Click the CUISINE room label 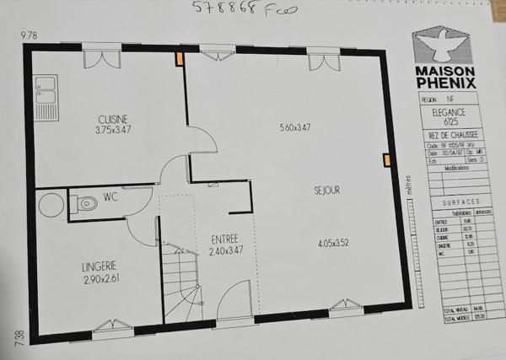coord(112,118)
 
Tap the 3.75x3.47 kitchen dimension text coord(112,131)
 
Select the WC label coord(110,198)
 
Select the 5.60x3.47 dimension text coord(295,128)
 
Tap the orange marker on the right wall coord(386,160)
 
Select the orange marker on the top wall coord(179,59)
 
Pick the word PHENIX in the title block coord(447,83)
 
